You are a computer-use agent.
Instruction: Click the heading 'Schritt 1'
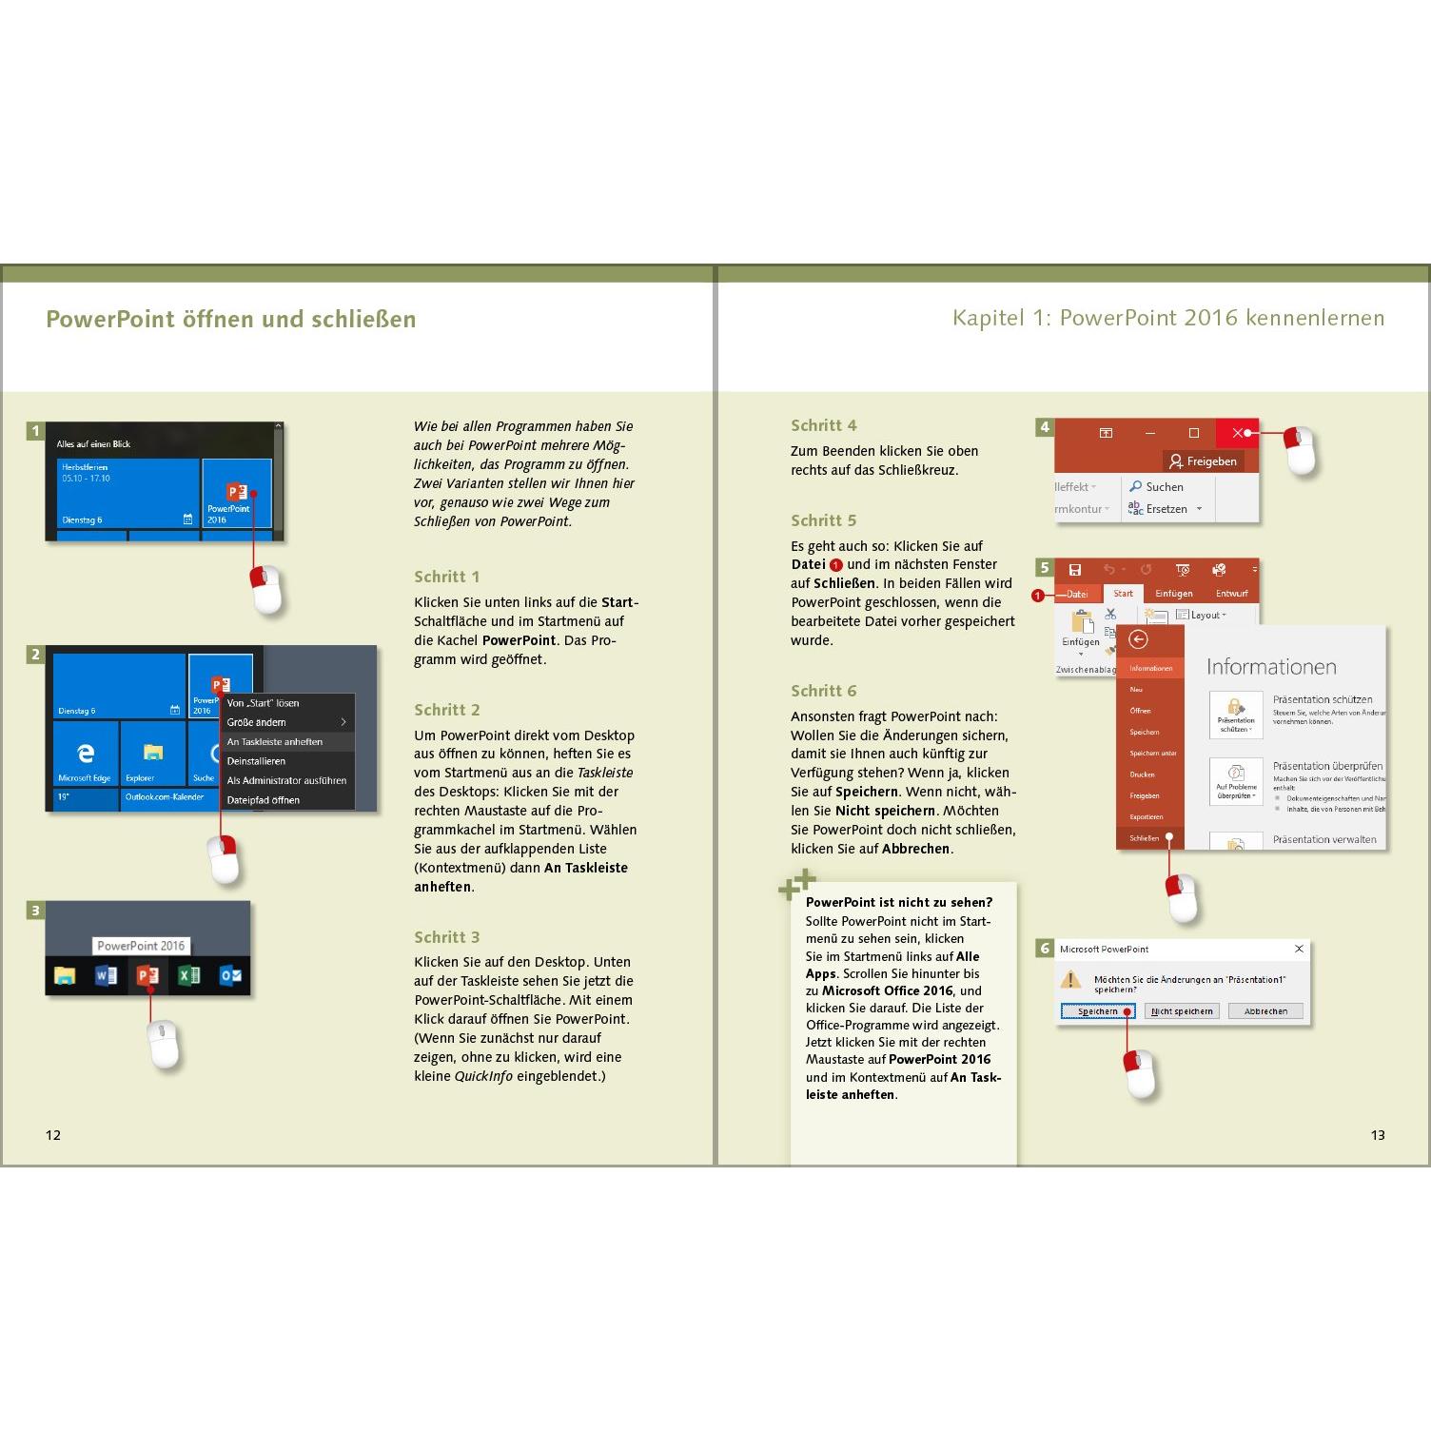point(446,577)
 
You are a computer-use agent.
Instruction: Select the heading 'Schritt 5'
point(823,520)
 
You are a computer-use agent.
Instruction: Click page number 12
point(53,1134)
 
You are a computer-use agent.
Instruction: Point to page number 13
point(1377,1134)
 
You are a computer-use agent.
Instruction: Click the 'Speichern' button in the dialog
point(1097,1011)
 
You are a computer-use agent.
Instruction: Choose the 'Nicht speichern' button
point(1182,1011)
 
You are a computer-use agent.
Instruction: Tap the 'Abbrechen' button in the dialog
point(1265,1011)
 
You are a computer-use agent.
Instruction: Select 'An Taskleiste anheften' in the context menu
point(275,742)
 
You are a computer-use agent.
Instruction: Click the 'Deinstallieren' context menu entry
point(256,761)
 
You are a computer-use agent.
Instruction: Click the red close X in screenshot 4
point(1237,433)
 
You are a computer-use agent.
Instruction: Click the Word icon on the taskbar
point(106,975)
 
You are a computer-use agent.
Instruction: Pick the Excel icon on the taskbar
point(188,975)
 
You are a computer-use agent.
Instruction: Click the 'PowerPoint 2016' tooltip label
point(141,946)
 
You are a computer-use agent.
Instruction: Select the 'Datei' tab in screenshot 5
point(1076,594)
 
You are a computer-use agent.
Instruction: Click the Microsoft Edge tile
point(86,755)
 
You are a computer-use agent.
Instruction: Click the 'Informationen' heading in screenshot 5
point(1271,667)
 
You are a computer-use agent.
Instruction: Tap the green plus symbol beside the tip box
point(797,884)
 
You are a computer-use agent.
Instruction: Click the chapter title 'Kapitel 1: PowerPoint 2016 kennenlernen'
point(1168,318)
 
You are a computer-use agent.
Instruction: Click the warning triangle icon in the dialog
point(1071,980)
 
